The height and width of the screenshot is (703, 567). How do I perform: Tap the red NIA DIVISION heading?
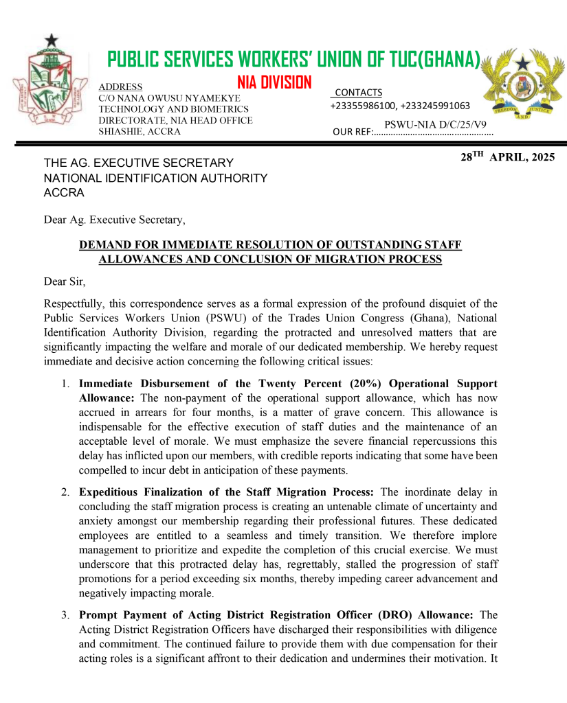tap(274, 83)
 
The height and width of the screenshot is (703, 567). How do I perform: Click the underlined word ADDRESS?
tap(120, 87)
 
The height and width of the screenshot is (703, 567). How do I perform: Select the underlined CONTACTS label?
tap(358, 93)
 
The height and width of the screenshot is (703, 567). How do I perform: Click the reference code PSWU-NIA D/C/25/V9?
tap(435, 124)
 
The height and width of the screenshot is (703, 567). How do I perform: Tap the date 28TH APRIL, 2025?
tap(507, 157)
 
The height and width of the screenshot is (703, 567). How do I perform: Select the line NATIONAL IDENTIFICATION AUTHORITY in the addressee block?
tap(155, 178)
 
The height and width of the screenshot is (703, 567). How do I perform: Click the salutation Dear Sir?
tap(65, 281)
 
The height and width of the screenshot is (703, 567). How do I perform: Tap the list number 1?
tap(65, 384)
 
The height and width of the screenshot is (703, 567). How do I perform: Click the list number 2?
tap(65, 492)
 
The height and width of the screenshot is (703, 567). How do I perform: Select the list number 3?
tap(65, 614)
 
